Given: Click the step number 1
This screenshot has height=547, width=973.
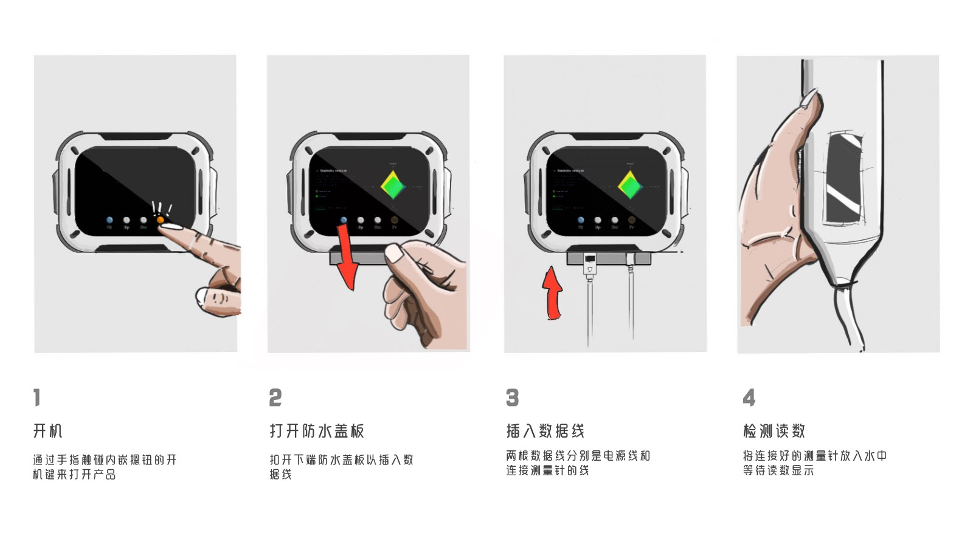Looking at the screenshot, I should pyautogui.click(x=37, y=397).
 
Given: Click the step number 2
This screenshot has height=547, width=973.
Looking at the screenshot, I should pyautogui.click(x=275, y=397).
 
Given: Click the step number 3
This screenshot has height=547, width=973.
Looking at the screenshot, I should pyautogui.click(x=513, y=397).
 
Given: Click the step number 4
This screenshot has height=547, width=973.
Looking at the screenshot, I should pyautogui.click(x=749, y=397).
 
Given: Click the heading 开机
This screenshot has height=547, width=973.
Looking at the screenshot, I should pyautogui.click(x=48, y=431).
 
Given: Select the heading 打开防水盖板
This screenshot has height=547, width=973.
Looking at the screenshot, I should pyautogui.click(x=317, y=431).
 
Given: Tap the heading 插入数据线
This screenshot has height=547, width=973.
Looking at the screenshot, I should pyautogui.click(x=545, y=431).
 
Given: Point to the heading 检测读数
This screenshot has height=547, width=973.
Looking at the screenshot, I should pyautogui.click(x=774, y=431).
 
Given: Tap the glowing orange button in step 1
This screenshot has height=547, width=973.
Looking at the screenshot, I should pyautogui.click(x=161, y=219).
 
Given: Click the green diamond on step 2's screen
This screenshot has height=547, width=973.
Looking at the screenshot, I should pyautogui.click(x=393, y=185).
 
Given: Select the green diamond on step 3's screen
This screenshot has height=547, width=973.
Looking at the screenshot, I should pyautogui.click(x=631, y=185).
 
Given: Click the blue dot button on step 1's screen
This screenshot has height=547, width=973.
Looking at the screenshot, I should pyautogui.click(x=109, y=220).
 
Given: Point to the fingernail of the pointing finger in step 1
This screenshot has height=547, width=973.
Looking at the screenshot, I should pyautogui.click(x=173, y=227).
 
